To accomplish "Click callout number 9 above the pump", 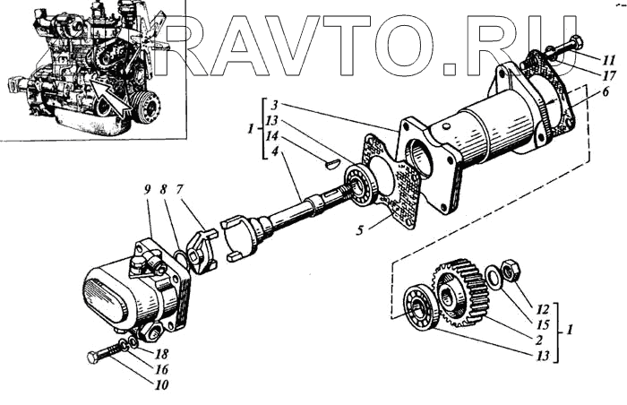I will click(145, 190).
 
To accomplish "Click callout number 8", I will click(164, 190).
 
